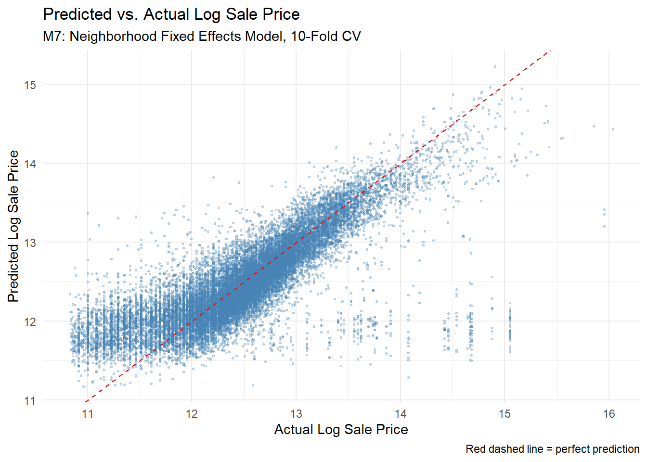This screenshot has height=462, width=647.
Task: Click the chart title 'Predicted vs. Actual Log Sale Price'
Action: click(x=171, y=14)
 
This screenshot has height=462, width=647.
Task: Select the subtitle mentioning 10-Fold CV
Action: click(x=202, y=37)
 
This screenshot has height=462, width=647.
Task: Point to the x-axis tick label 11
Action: click(x=87, y=414)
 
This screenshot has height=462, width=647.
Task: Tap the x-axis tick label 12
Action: click(x=192, y=414)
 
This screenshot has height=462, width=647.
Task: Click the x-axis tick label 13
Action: click(x=296, y=414)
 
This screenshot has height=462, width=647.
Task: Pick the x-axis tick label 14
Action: click(x=401, y=414)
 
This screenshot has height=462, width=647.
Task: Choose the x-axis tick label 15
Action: click(x=505, y=414)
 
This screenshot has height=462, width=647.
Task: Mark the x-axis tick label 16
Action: click(x=609, y=414)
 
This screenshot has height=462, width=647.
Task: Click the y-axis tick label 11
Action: click(x=30, y=401)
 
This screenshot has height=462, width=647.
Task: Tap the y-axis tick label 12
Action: click(x=30, y=321)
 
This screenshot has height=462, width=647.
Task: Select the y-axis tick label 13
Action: click(x=30, y=243)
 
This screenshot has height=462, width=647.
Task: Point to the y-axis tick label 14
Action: click(x=30, y=164)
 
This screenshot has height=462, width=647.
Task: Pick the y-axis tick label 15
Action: click(x=30, y=85)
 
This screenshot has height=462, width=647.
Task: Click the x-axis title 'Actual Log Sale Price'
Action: click(x=341, y=430)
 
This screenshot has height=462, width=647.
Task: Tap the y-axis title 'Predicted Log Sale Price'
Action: click(x=13, y=226)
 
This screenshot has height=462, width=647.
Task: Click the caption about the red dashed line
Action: click(x=552, y=449)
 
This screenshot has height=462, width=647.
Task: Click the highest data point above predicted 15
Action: click(x=495, y=66)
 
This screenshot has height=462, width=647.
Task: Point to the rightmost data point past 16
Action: click(x=613, y=129)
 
